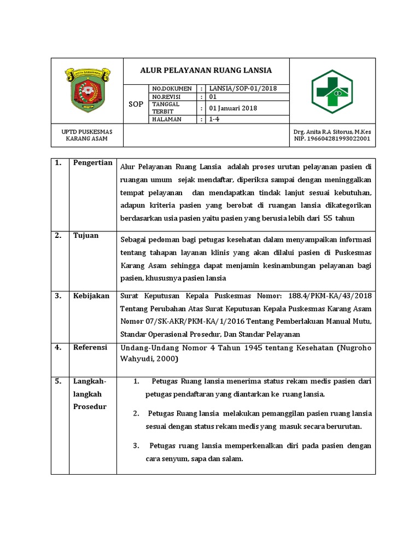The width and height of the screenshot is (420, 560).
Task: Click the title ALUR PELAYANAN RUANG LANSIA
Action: (206, 71)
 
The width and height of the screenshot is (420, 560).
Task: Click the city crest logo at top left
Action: (87, 89)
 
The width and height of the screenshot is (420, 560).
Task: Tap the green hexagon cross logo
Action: (332, 91)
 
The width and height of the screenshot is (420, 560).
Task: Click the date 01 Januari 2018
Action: (233, 108)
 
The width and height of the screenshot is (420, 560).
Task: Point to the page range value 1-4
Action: (215, 119)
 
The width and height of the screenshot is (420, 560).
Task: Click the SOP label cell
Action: (136, 104)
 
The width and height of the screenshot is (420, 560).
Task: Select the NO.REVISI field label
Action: (167, 96)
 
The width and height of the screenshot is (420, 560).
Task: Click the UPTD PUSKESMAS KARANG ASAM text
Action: (87, 136)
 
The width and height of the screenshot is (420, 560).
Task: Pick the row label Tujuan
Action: (86, 236)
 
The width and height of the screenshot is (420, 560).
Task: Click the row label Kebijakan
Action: (91, 296)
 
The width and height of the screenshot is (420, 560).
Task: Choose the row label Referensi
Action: (91, 347)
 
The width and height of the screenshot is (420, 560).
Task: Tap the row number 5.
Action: (57, 381)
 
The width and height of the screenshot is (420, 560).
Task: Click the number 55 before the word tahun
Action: (328, 218)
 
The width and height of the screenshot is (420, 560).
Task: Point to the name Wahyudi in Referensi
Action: (137, 359)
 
